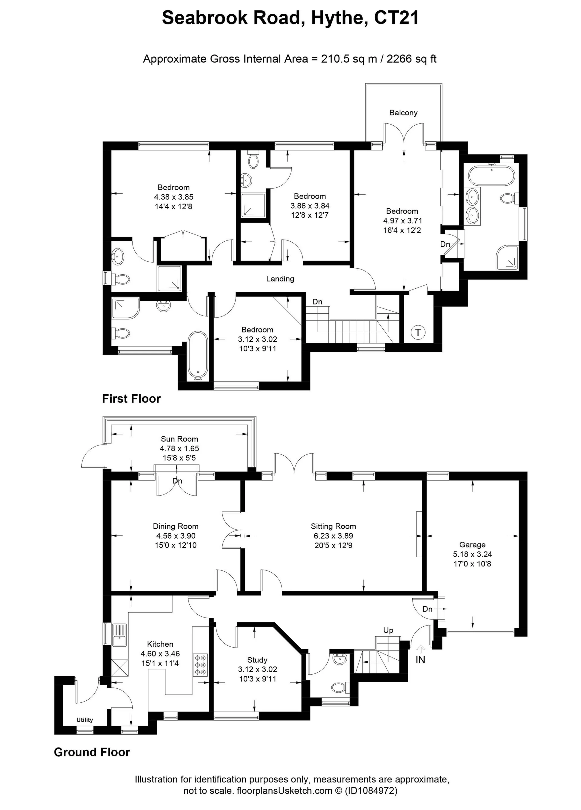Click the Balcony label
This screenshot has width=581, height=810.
[403, 113]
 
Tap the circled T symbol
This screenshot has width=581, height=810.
[418, 333]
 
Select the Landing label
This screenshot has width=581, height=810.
[280, 279]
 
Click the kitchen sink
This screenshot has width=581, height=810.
[119, 635]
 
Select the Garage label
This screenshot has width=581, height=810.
[472, 545]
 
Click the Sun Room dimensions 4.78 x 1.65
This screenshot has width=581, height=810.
[179, 448]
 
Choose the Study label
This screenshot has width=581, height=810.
[257, 660]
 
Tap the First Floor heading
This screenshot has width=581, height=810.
[131, 399]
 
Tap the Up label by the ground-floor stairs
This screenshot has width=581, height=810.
[388, 631]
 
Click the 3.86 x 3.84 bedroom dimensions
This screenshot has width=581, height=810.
[310, 206]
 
